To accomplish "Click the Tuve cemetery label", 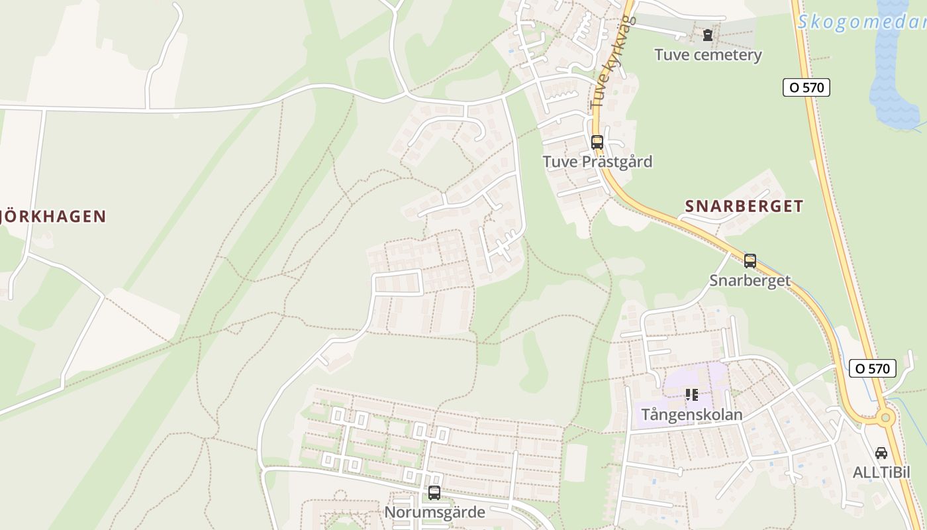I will coord(708,55).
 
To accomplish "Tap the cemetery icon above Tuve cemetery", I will coord(708,34).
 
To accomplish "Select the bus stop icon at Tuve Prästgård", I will coord(597,142).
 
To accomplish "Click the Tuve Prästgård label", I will coord(597,162).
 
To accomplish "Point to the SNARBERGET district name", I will coord(744,206).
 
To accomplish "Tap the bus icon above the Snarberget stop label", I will coord(750,260).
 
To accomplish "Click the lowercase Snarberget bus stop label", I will coord(750,280).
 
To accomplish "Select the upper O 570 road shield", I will coord(806,87).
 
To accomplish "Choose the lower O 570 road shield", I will coord(872,368).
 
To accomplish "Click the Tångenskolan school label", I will coord(691,415).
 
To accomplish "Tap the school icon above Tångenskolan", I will coord(692,396).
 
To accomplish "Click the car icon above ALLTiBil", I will coord(881,453).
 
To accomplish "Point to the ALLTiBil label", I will coord(881,472).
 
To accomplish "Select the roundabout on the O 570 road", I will coord(885,417).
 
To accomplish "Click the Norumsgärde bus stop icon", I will coord(434,493).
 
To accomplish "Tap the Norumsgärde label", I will coord(434,512).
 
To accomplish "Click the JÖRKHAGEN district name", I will coord(53,217).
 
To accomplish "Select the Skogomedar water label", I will coord(861,22).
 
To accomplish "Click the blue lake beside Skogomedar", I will coord(894,73).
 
